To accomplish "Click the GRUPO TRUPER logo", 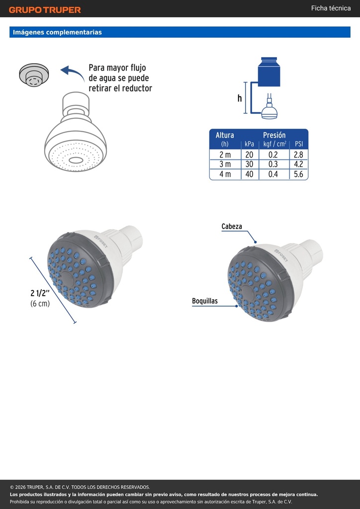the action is click(45, 10).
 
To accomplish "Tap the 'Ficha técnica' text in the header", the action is click(331, 8).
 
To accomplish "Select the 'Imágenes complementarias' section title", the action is click(57, 32).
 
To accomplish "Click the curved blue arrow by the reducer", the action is click(73, 73).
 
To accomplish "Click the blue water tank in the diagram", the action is click(269, 72).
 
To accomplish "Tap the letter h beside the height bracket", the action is click(240, 98).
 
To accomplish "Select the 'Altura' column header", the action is click(225, 135).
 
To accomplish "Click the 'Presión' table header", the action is click(274, 135).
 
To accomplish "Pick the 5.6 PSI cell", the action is click(298, 174).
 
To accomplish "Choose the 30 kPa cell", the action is click(249, 164).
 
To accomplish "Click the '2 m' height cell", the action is click(225, 155).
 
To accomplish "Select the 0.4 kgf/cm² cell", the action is click(273, 174).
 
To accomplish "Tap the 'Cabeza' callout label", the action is click(232, 226).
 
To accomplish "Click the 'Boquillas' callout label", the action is click(205, 301).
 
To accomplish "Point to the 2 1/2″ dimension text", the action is click(40, 293).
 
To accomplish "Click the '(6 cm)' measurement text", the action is click(40, 304).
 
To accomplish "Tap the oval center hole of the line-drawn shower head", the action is click(76, 160).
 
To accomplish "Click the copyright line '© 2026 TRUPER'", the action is click(80, 487).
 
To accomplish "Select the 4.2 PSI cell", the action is click(298, 164).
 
